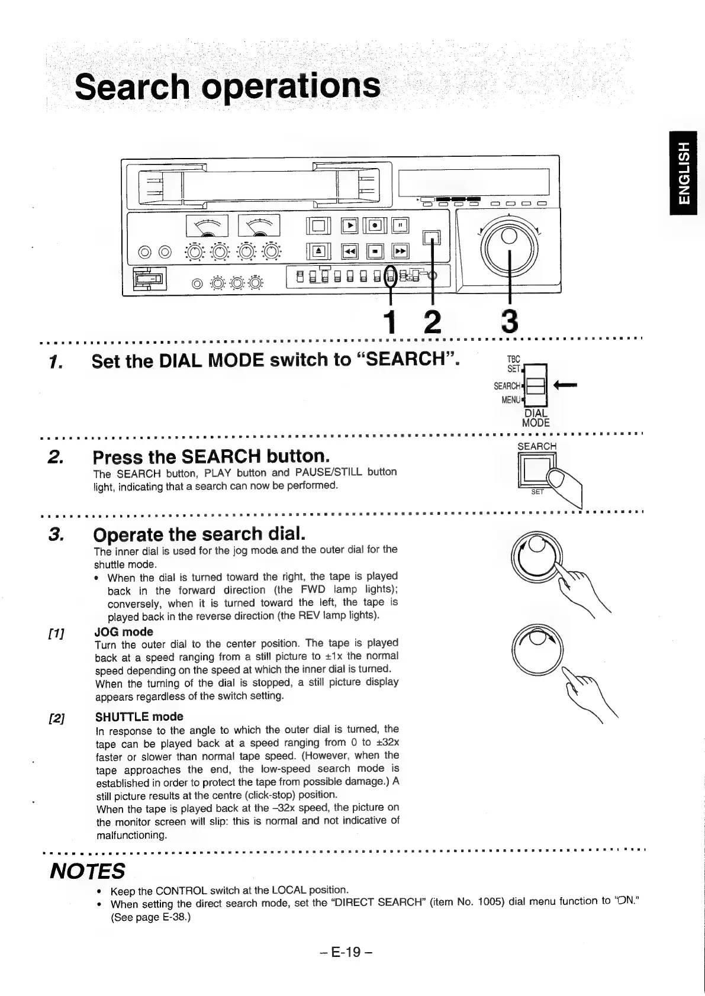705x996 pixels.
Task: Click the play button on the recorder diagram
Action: coord(350,225)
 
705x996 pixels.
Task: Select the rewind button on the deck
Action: coord(350,252)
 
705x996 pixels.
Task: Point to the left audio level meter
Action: coord(202,225)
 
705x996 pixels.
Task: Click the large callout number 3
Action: coord(508,321)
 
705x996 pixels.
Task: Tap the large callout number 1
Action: coord(389,321)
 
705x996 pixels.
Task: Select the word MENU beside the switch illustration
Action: coord(510,399)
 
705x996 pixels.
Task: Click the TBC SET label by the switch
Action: coord(513,364)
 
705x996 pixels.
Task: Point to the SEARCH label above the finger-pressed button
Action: coord(537,446)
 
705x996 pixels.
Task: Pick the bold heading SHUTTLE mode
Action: coord(139,717)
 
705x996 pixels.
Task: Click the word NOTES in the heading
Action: coord(87,871)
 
